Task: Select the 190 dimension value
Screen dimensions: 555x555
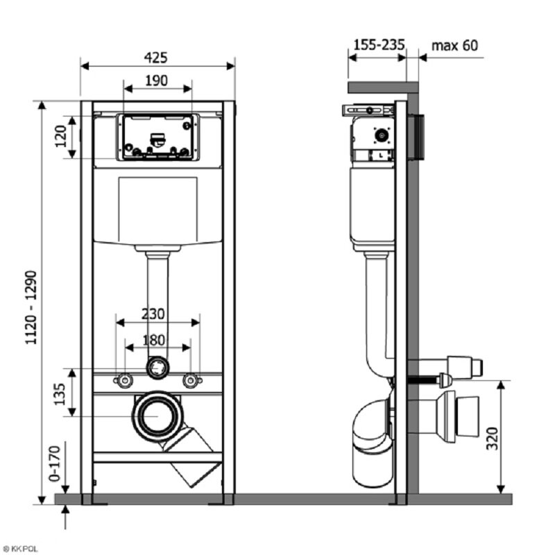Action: (x=156, y=80)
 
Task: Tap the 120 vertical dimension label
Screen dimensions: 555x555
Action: (x=62, y=136)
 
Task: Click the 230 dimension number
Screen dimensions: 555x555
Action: (x=154, y=314)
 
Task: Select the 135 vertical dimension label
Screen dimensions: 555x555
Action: (x=60, y=393)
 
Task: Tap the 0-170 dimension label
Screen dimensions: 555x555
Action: (x=62, y=463)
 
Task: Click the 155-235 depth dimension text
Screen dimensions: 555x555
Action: (x=379, y=46)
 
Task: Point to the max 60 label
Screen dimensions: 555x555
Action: (x=454, y=46)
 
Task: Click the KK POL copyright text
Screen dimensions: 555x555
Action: (x=22, y=548)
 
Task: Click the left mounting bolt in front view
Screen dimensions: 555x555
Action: (x=125, y=380)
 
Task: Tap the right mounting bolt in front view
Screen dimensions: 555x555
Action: (x=190, y=380)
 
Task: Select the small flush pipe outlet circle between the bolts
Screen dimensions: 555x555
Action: (x=157, y=367)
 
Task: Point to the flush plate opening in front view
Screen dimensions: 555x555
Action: (x=157, y=137)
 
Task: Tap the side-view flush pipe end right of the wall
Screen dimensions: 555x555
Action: (x=465, y=365)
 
